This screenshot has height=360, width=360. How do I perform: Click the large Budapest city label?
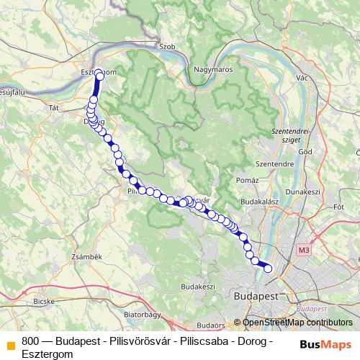point(256,295)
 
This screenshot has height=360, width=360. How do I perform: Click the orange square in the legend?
point(11,344)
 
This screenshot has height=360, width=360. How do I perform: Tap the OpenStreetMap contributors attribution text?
point(297,323)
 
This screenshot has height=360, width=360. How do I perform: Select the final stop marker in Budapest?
point(269,269)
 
